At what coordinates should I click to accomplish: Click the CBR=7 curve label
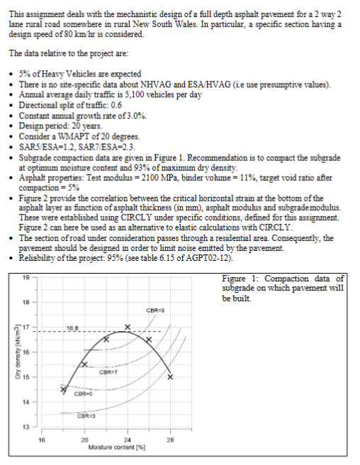coord(108,370)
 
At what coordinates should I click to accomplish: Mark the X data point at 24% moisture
coord(128,327)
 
